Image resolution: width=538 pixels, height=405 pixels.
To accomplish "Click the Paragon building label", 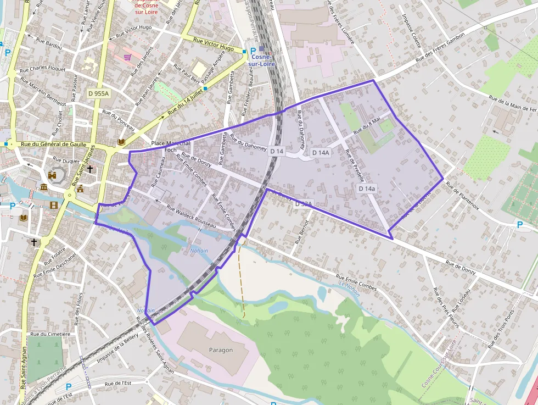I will [221, 350].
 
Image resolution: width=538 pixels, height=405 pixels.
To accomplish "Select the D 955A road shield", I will [99, 94].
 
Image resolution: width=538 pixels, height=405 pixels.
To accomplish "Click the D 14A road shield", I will [321, 152].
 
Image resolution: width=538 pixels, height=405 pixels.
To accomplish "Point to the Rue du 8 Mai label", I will [367, 125].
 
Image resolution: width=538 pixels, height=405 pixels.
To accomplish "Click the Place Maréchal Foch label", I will [170, 146].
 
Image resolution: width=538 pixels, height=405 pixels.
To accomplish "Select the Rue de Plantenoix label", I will [462, 196].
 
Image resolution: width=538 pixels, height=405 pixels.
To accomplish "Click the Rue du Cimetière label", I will [51, 334].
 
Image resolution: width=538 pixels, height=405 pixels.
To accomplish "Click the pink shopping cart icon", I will [127, 57].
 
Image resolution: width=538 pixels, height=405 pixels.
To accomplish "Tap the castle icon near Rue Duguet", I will [53, 176].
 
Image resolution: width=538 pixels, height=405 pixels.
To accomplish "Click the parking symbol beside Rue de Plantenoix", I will [520, 224].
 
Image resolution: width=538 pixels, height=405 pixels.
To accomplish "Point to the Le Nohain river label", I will [349, 289].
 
